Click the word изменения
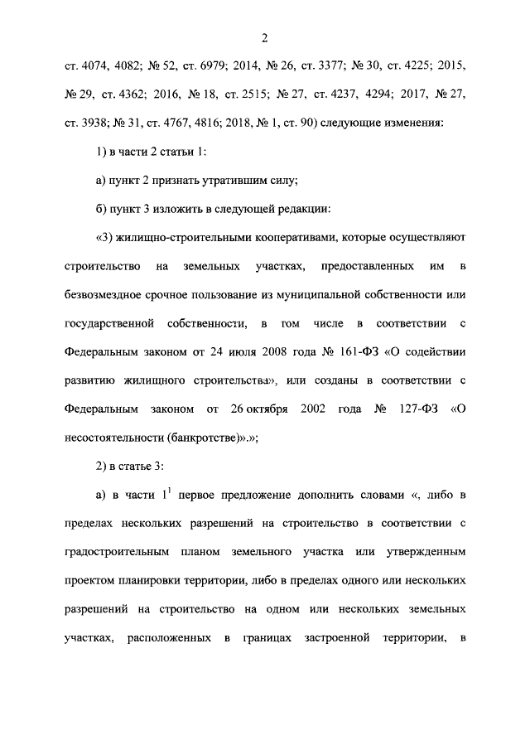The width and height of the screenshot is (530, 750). pos(418,123)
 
